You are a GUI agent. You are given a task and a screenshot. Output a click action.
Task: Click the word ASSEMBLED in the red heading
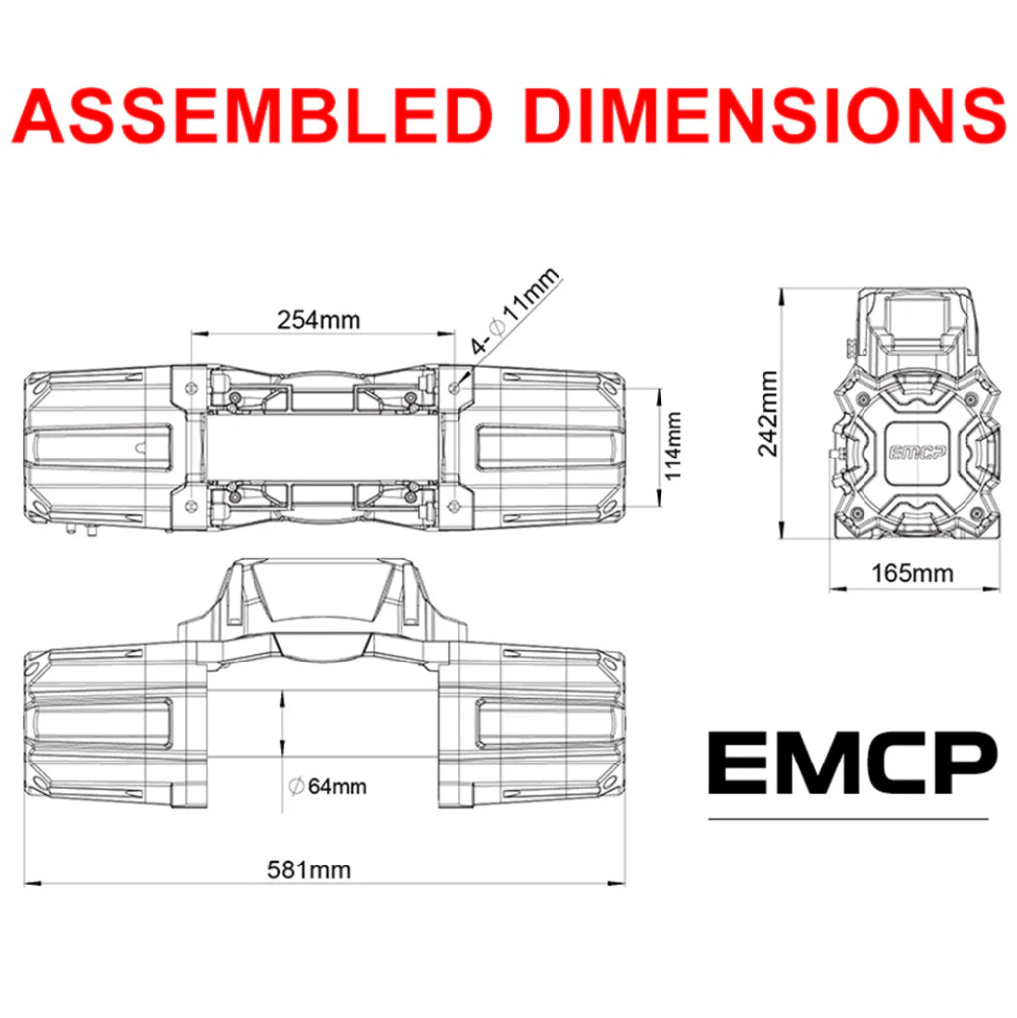tap(254, 116)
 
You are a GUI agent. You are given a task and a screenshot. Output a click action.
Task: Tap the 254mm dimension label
tap(319, 320)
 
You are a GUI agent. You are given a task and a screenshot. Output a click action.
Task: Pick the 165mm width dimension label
tap(913, 572)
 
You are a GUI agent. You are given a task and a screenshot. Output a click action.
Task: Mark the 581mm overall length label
tap(309, 869)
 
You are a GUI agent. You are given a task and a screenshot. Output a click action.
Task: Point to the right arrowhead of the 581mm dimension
tap(621, 882)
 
